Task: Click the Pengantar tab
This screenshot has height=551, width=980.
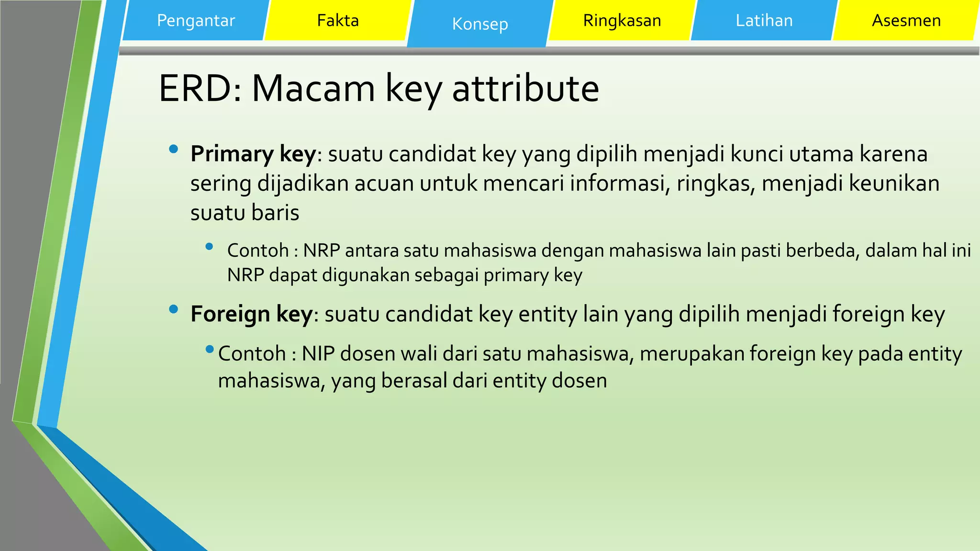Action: pyautogui.click(x=196, y=21)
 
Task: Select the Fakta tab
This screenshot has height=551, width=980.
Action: pyautogui.click(x=338, y=21)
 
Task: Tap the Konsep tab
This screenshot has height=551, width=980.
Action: pyautogui.click(x=480, y=24)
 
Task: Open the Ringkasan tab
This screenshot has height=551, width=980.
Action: pyautogui.click(x=622, y=21)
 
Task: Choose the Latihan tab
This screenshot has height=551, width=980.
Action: pyautogui.click(x=764, y=21)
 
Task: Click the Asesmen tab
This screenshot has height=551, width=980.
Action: pyautogui.click(x=906, y=21)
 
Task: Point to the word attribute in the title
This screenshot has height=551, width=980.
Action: pyautogui.click(x=525, y=88)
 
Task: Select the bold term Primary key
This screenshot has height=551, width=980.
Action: pyautogui.click(x=253, y=154)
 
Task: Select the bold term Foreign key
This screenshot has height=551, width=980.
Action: pyautogui.click(x=251, y=314)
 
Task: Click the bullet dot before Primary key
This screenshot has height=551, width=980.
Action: pyautogui.click(x=173, y=149)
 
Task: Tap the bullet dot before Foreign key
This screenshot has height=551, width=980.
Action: pyautogui.click(x=173, y=309)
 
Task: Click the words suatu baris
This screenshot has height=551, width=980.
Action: pyautogui.click(x=245, y=213)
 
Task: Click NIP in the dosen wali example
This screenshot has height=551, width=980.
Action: pyautogui.click(x=318, y=354)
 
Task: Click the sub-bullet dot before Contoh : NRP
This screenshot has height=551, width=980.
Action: pyautogui.click(x=209, y=247)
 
